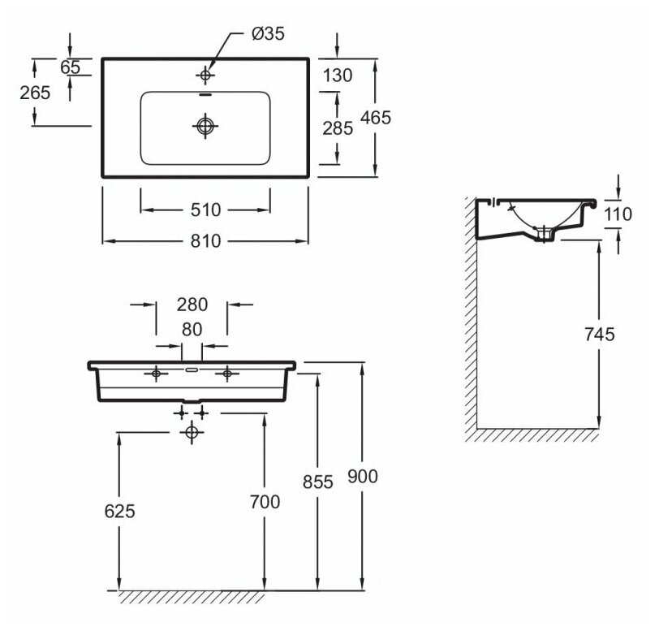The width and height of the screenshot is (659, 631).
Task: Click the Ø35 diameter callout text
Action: point(269,34)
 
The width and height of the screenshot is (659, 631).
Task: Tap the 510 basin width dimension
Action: point(205,210)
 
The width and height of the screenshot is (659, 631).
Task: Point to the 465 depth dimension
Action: point(377,117)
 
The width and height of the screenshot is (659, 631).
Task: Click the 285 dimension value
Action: point(338,127)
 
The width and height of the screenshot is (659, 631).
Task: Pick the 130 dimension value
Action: point(338,76)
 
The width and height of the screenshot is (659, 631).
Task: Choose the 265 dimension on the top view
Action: point(34,92)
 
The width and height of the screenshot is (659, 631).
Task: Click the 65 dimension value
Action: point(71,67)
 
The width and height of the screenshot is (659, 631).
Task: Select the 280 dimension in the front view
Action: point(192,305)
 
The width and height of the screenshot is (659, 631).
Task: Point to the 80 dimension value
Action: point(192,330)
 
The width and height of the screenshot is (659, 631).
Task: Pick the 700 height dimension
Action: point(265,502)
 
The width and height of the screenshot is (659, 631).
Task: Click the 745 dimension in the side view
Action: point(598,333)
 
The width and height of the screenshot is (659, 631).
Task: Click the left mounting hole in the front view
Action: point(156,374)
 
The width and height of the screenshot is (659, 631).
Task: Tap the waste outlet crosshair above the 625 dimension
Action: point(192,433)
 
